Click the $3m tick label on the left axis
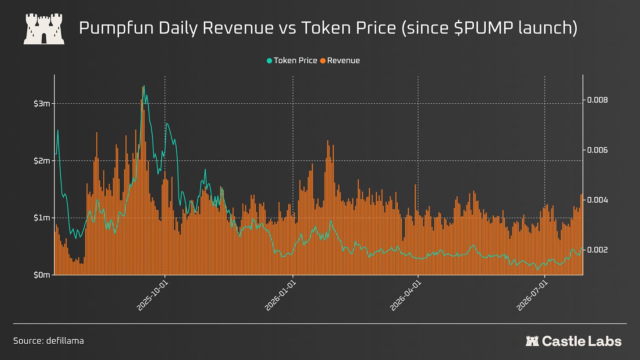point(42,103)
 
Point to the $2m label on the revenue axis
point(42,160)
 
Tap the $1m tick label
point(42,218)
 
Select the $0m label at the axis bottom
point(42,275)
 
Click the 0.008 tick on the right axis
point(597,100)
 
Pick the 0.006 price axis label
point(597,150)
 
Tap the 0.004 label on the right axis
point(597,200)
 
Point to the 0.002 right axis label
point(597,250)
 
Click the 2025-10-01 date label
point(153,296)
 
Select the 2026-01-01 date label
point(280,296)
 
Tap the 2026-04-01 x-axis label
point(406,296)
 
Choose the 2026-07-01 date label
point(532,296)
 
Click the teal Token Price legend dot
point(269,61)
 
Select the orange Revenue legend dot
point(323,61)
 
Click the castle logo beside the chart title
point(44,29)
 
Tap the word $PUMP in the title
point(483,28)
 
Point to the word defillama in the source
point(65,341)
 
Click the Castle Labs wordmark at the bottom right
point(574,341)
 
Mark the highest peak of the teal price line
point(144,85)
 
